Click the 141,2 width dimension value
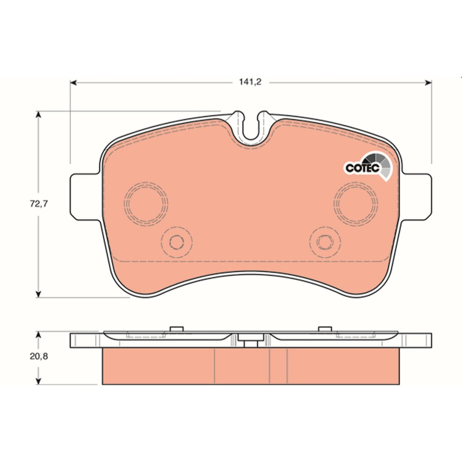pyautogui.click(x=250, y=82)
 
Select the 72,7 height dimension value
pyautogui.click(x=39, y=204)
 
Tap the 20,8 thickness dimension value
pyautogui.click(x=39, y=356)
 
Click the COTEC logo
pyautogui.click(x=368, y=166)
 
